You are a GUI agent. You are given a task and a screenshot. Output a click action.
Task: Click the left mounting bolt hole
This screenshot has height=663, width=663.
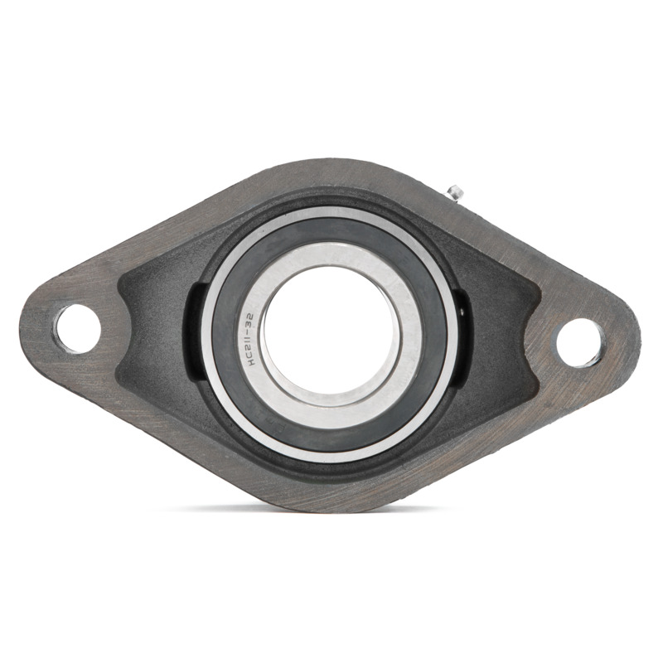point(78,329)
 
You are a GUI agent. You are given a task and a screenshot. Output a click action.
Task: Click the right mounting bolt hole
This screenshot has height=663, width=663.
point(579,342)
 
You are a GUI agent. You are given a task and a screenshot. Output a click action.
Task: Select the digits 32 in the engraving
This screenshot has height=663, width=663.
point(249,320)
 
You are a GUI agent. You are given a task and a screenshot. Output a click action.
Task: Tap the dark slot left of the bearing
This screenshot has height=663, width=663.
point(193,330)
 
